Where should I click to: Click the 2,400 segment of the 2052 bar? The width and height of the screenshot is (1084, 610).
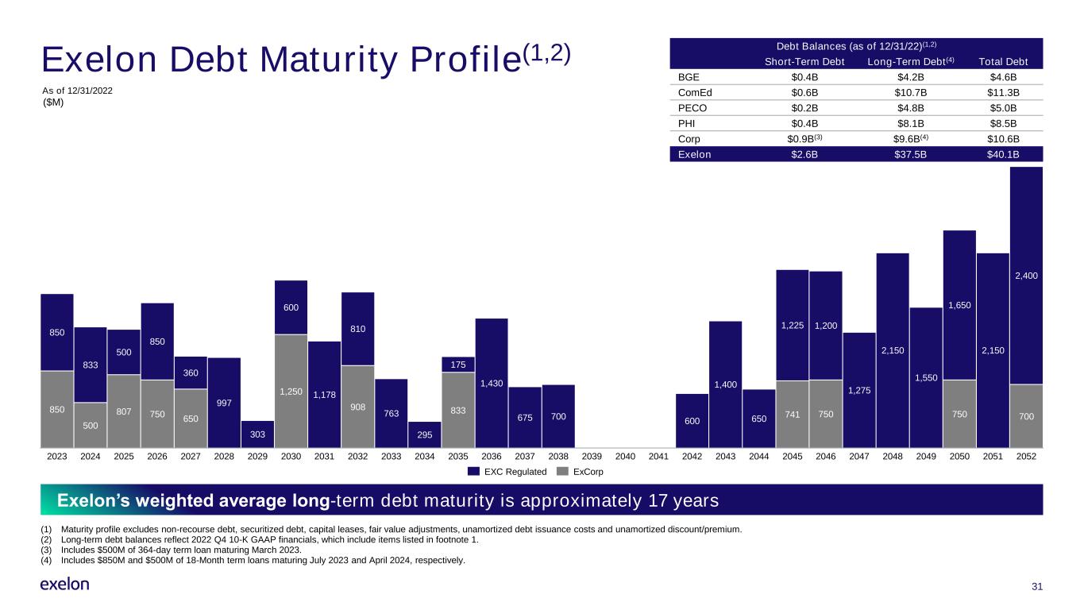pyautogui.click(x=1026, y=276)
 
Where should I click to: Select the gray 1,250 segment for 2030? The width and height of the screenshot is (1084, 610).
pyautogui.click(x=291, y=391)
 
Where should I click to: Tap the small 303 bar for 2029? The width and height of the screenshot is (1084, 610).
pyautogui.click(x=257, y=434)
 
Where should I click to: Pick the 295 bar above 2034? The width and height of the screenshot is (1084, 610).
pyautogui.click(x=424, y=434)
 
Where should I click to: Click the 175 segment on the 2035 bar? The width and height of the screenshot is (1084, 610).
pyautogui.click(x=457, y=365)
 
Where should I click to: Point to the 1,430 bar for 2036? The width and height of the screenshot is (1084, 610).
pyautogui.click(x=492, y=383)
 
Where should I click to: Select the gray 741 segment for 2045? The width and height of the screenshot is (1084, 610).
pyautogui.click(x=793, y=415)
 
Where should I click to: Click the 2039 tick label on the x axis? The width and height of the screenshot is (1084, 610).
pyautogui.click(x=592, y=457)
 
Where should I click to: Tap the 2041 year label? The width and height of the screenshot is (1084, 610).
pyautogui.click(x=658, y=457)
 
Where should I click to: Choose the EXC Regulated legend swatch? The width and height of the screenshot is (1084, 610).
pyautogui.click(x=473, y=472)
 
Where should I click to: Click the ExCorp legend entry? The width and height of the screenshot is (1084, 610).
pyautogui.click(x=581, y=472)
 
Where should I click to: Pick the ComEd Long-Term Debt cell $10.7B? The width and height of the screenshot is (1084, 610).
pyautogui.click(x=910, y=92)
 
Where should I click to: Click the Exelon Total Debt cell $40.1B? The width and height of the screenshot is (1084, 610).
pyautogui.click(x=1003, y=154)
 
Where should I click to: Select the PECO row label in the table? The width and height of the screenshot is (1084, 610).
pyautogui.click(x=692, y=108)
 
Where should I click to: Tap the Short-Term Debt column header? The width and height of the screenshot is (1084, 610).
pyautogui.click(x=804, y=62)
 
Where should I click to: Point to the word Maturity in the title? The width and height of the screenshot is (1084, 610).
pyautogui.click(x=328, y=60)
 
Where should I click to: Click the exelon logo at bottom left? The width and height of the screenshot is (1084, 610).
pyautogui.click(x=64, y=584)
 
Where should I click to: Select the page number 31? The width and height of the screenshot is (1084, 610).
pyautogui.click(x=1037, y=587)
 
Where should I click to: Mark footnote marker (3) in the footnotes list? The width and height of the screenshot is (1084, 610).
pyautogui.click(x=46, y=550)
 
